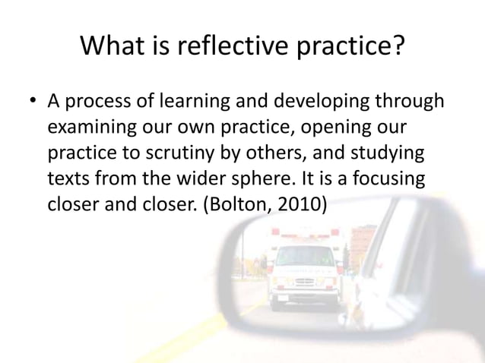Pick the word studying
390,153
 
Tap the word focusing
389,178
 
